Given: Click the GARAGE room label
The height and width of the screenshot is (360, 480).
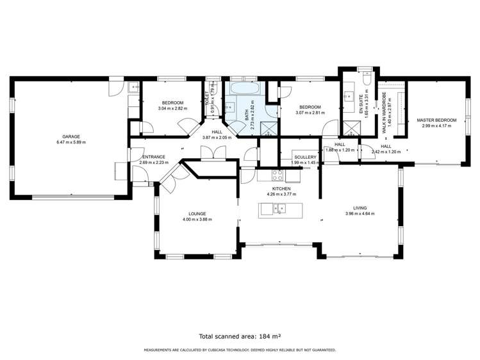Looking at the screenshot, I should pos(70,136).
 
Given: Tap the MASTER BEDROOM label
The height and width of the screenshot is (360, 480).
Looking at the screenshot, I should pos(436,120).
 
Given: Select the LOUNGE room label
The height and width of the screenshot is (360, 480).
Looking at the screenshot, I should pos(197,214).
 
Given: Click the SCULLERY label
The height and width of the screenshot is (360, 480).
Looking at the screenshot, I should pos(305,157).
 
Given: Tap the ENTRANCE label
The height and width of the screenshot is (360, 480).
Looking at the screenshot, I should pos(154,157).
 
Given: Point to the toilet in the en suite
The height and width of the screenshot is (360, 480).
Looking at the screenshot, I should pos(365,81).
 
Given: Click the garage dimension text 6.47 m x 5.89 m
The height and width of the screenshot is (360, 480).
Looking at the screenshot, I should pos(70,142).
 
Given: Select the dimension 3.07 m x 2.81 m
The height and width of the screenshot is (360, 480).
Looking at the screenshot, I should pos(310,113).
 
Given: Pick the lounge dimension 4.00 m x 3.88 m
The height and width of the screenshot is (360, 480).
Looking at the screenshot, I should pos(197,220).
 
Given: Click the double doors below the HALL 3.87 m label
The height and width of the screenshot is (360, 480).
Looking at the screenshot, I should pos(209,153).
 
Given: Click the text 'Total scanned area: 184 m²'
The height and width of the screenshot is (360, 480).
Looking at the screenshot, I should pos(240,335).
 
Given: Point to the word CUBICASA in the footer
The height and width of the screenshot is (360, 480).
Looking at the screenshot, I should pos(224,350).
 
